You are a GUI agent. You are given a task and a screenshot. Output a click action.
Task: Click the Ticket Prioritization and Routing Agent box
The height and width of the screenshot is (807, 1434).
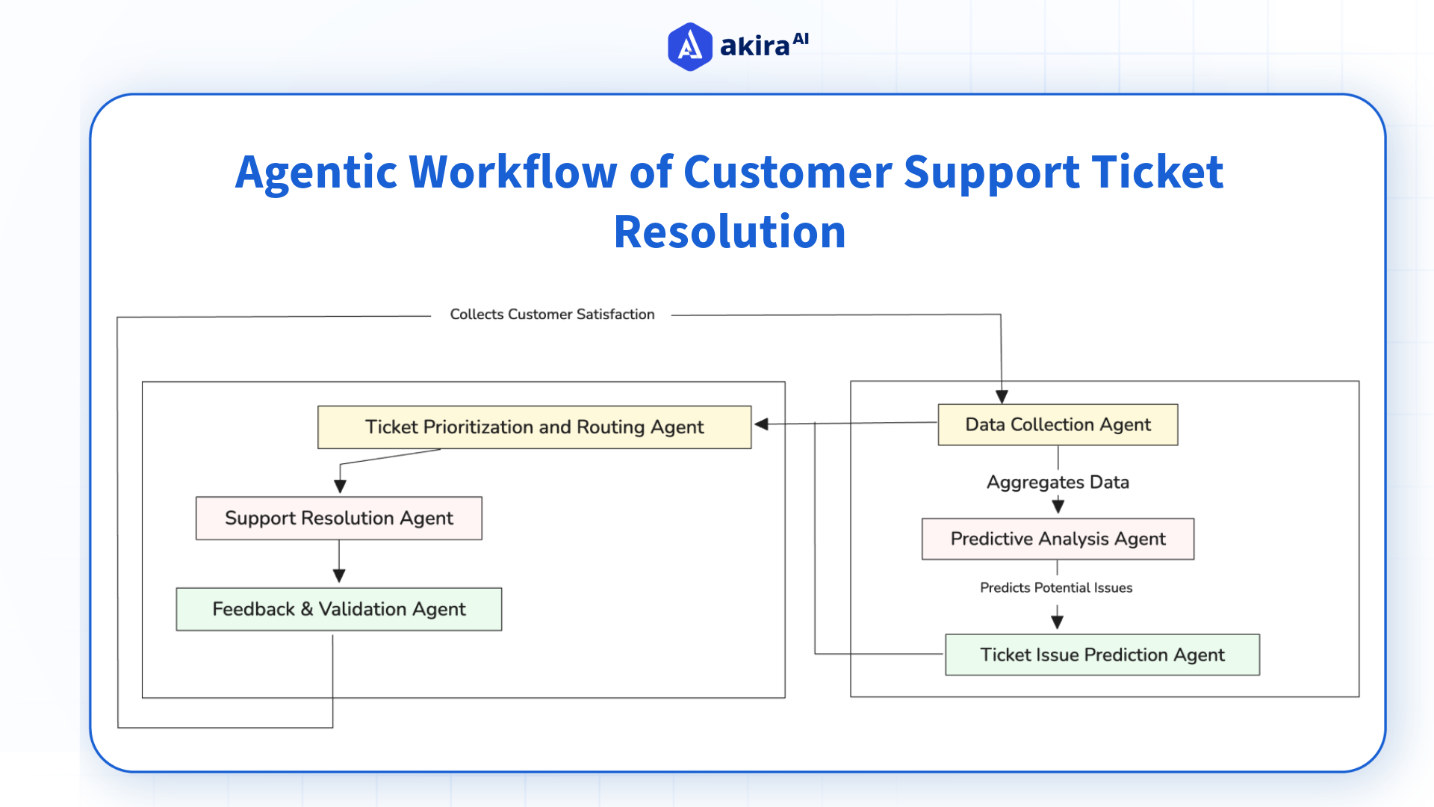pos(534,427)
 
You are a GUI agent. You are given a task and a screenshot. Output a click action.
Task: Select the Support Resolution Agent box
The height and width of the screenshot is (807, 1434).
pos(338,518)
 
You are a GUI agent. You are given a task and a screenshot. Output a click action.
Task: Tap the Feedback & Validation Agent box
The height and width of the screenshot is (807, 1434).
pos(338,609)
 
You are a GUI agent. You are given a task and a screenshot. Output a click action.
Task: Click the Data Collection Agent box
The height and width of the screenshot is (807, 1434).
pos(1058,424)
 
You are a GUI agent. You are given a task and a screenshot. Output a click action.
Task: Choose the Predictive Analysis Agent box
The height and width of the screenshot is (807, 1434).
pos(1058,539)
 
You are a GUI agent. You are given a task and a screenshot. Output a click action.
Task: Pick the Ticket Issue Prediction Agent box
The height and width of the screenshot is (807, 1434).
pos(1102,655)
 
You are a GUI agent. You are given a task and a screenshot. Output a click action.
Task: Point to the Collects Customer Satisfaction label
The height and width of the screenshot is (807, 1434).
pos(552,315)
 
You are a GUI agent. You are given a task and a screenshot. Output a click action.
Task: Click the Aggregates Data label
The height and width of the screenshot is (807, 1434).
pos(1058,482)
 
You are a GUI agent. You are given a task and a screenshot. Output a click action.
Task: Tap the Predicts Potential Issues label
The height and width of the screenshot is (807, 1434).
pos(1056,588)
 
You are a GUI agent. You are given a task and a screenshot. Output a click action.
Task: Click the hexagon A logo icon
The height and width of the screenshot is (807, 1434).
pos(689,46)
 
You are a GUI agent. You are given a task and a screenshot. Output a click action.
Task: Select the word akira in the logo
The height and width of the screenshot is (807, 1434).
pos(754,46)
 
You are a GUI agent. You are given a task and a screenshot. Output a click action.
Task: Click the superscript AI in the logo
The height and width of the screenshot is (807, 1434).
pos(801,39)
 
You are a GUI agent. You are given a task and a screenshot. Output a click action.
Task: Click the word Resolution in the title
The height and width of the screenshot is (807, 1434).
pos(730,232)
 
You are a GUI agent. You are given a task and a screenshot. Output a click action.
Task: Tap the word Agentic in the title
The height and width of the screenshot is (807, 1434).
pos(316,172)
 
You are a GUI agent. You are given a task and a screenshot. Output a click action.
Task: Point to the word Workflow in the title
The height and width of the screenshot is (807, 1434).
pos(513,172)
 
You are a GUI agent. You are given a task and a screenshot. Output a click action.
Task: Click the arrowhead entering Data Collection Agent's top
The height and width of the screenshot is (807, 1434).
pos(1002,397)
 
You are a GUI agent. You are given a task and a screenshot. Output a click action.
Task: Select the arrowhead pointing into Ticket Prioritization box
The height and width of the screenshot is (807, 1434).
pos(762,424)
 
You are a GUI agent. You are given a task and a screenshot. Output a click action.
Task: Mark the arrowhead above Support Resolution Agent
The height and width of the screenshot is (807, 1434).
pos(340,486)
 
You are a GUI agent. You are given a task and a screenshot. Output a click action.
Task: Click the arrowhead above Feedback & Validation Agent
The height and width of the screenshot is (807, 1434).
pos(339,576)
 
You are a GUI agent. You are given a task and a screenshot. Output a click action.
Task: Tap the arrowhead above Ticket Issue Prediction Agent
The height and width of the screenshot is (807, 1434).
pos(1057,622)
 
